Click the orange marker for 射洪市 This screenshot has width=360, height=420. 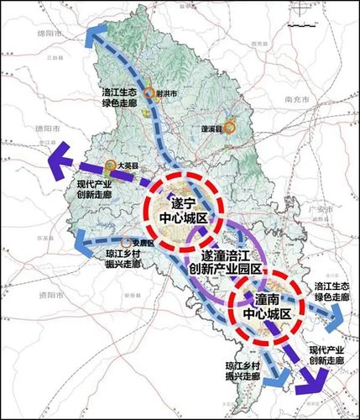tap(149, 94)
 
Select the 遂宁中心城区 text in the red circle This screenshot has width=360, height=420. tap(183, 210)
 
